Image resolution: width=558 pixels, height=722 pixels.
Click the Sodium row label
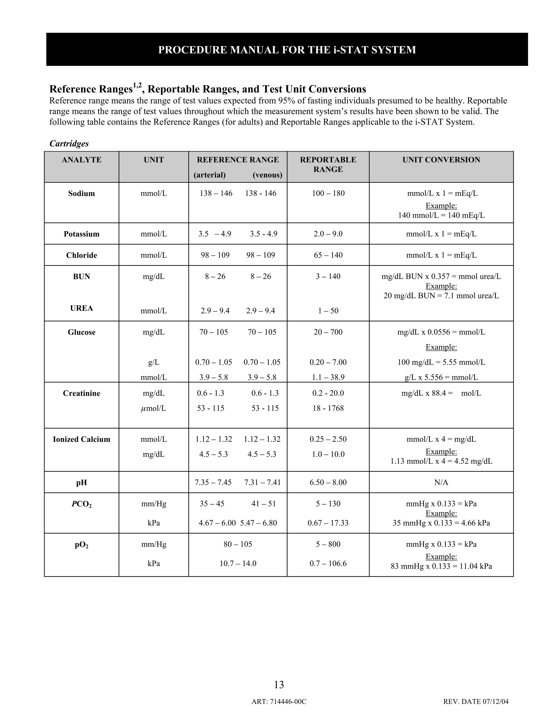click(x=81, y=193)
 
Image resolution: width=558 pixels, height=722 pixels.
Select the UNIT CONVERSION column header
click(x=441, y=160)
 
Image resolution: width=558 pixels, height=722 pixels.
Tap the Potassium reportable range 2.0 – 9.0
click(x=328, y=234)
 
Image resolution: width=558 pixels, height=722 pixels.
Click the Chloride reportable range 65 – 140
click(x=328, y=255)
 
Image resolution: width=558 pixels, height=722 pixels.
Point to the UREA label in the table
click(x=81, y=308)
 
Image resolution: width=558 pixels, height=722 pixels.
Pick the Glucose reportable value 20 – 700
click(x=328, y=332)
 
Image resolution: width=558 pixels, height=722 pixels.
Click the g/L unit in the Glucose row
click(x=154, y=362)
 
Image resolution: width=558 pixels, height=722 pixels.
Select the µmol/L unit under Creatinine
click(x=153, y=408)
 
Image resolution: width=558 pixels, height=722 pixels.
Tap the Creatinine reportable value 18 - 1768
click(x=328, y=408)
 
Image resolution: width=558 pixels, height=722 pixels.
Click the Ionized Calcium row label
click(x=81, y=439)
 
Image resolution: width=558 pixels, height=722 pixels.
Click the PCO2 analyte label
click(x=81, y=504)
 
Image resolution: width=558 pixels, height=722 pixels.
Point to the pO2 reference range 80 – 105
click(x=238, y=544)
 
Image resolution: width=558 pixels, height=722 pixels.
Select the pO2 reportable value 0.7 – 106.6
click(x=328, y=563)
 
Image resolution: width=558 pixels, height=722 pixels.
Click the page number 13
click(x=279, y=685)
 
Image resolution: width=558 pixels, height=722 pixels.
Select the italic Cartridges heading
click(x=69, y=144)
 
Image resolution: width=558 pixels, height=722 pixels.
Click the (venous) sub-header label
click(x=267, y=175)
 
